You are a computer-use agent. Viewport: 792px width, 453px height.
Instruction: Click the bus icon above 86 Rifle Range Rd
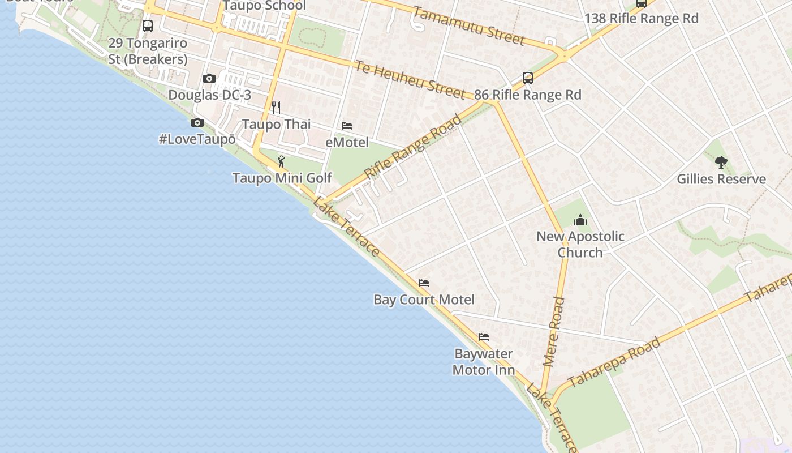[527, 78]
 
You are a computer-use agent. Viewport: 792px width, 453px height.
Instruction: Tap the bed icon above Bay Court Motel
[424, 283]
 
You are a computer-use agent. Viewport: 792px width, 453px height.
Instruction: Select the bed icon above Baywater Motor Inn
[484, 337]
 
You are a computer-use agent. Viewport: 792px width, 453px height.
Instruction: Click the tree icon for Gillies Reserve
[721, 163]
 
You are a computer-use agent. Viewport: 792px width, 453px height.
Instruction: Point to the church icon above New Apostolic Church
[580, 220]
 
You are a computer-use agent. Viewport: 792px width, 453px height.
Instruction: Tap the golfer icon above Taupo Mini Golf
[281, 162]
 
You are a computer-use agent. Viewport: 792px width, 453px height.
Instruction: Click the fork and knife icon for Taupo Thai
[276, 108]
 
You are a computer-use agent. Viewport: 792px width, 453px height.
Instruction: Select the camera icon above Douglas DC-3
[209, 79]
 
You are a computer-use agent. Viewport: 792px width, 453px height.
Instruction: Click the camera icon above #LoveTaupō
[197, 123]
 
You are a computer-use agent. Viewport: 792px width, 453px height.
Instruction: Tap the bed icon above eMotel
[347, 126]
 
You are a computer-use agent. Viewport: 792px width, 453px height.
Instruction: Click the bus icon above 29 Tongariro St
[148, 26]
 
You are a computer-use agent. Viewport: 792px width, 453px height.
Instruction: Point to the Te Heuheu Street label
[410, 80]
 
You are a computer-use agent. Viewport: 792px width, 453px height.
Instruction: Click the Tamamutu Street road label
[468, 25]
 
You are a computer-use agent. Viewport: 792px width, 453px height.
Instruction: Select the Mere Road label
[554, 331]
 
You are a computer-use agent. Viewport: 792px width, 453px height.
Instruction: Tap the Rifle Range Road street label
[413, 147]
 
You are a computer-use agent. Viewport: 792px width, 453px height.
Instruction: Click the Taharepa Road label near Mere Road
[614, 362]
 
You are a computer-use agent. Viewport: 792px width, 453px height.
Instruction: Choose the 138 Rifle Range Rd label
[641, 18]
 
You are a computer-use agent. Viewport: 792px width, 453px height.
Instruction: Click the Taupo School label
[264, 6]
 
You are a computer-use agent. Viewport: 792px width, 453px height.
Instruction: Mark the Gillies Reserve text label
[721, 179]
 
